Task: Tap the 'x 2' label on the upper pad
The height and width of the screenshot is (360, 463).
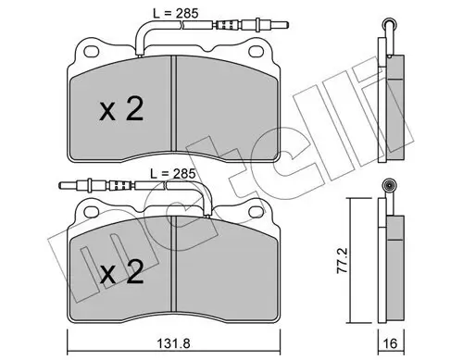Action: (x=121, y=111)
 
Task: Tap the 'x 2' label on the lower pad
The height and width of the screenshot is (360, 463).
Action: (x=121, y=275)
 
